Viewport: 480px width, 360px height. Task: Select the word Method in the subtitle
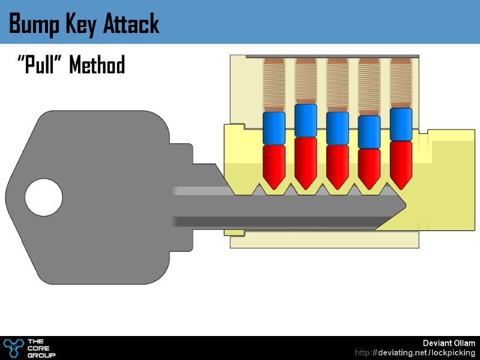[97, 65]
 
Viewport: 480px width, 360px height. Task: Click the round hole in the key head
[43, 197]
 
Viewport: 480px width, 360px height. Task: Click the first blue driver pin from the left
[274, 128]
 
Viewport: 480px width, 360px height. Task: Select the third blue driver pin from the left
[337, 128]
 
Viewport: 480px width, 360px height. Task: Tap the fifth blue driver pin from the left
[401, 124]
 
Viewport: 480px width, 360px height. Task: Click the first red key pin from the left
[274, 166]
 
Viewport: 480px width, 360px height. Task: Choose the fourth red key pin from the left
[369, 167]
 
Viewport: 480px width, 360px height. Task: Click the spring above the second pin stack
[305, 81]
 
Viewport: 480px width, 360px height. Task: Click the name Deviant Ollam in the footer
[449, 343]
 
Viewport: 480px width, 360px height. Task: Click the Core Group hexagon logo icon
[13, 347]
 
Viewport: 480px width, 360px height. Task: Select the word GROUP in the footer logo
[43, 355]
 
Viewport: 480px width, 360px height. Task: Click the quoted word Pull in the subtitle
[41, 65]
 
